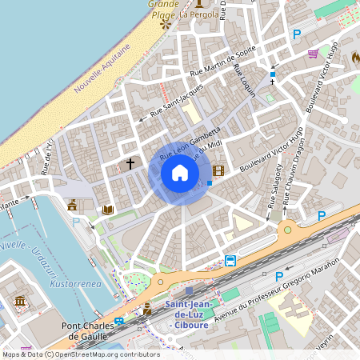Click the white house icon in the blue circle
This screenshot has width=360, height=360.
click(x=180, y=173)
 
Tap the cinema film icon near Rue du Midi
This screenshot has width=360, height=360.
click(x=218, y=170)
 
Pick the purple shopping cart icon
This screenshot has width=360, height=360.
click(x=314, y=54)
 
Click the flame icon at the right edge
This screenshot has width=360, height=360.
click(x=355, y=58)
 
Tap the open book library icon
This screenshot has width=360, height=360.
click(x=108, y=210)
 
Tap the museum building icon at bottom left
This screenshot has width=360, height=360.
click(x=20, y=302)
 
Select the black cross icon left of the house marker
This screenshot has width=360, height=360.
click(x=130, y=164)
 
